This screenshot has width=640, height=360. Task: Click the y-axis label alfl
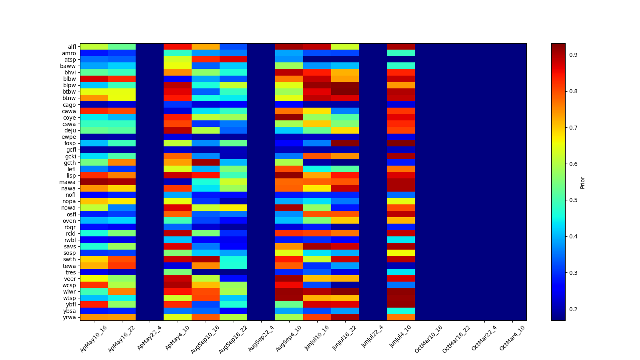[x=72, y=47]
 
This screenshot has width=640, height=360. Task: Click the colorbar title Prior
[x=582, y=182]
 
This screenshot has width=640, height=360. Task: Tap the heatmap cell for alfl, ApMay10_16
[x=94, y=47]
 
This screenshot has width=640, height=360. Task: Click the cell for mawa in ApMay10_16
[x=94, y=182]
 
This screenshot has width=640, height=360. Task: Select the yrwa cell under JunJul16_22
[x=345, y=317]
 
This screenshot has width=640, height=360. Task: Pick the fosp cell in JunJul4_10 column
[x=401, y=143]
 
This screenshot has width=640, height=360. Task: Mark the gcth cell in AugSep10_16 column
[x=206, y=162]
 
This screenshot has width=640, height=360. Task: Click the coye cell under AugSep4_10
[x=289, y=118]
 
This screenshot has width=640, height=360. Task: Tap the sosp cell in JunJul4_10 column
[x=401, y=253]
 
